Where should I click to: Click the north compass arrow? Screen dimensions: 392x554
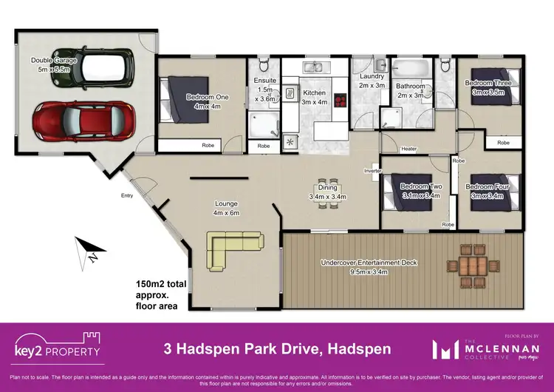click(88, 250)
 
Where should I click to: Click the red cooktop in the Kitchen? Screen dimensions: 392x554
click(341, 101)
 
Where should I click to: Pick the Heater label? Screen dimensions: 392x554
click(408, 149)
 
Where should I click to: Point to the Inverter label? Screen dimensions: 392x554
click(372, 171)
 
